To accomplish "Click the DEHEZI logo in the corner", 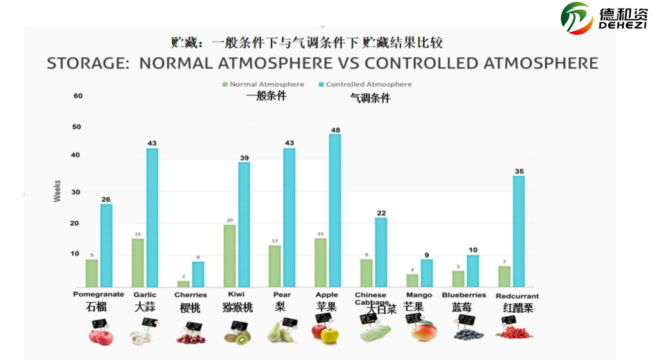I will [603, 18].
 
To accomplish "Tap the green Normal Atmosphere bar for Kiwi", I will [229, 255].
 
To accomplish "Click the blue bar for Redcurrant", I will [519, 231].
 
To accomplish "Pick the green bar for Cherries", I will [183, 283].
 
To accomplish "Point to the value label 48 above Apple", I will [335, 130].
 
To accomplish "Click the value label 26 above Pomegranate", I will [106, 199].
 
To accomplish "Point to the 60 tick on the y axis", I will [78, 96].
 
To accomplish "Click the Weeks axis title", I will [57, 191].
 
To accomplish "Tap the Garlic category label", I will [144, 295].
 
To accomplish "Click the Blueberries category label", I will [464, 295].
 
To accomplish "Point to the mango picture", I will [424, 331].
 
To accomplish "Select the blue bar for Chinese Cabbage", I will [381, 252].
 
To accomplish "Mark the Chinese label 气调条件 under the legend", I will [370, 98].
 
